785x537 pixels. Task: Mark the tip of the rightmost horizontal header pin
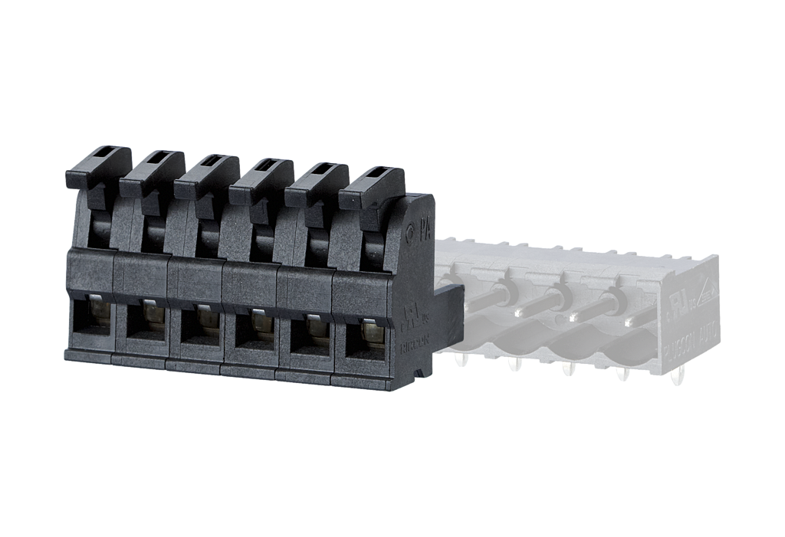(x=631, y=323)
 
